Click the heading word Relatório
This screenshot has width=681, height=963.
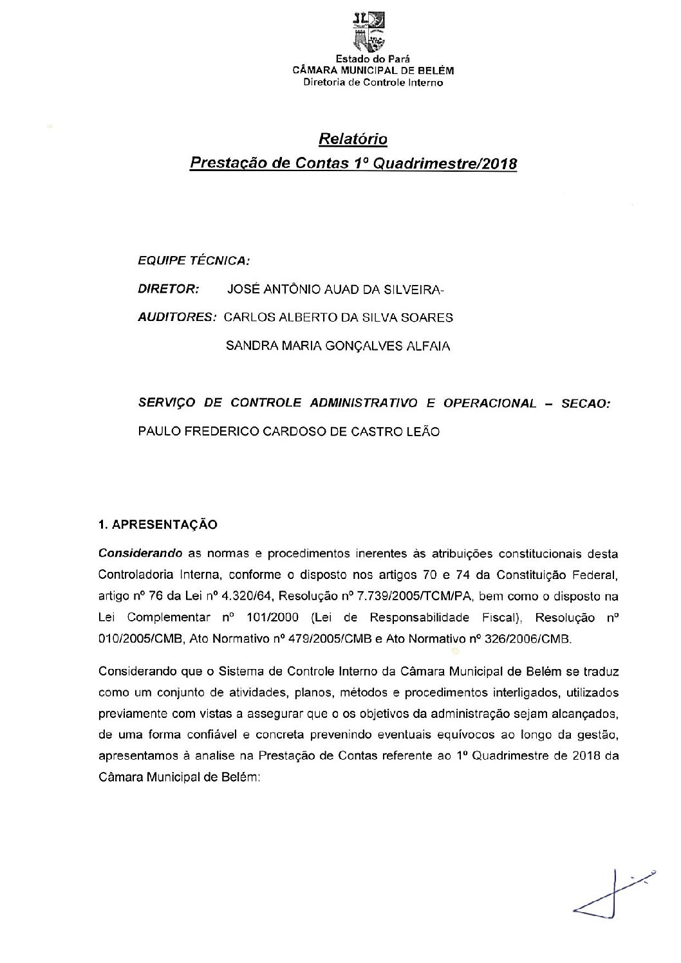353,139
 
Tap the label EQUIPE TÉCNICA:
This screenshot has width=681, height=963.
194,261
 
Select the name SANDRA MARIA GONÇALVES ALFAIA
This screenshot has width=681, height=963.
339,346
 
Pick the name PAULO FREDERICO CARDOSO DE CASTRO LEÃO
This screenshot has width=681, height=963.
289,432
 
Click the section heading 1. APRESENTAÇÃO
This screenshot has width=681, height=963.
158,524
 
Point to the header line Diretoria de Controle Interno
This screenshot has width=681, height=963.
373,82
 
